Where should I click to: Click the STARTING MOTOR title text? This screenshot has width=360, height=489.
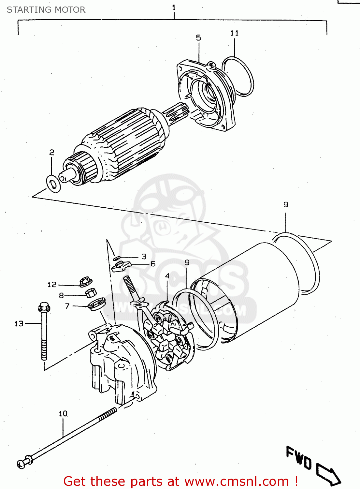click(x=46, y=10)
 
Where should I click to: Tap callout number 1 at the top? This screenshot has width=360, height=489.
click(x=174, y=7)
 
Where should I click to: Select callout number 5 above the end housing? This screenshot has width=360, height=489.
click(x=198, y=38)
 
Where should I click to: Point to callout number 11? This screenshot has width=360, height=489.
click(x=234, y=33)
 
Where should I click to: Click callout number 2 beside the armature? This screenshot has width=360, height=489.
click(x=52, y=153)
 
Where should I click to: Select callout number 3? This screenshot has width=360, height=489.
click(x=144, y=257)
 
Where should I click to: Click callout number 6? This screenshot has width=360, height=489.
click(x=153, y=264)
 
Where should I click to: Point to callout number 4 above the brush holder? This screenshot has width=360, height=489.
click(x=167, y=276)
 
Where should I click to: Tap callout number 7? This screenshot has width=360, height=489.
click(x=67, y=306)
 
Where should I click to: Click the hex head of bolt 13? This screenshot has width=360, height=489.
click(x=44, y=307)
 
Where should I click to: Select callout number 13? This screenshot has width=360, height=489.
click(x=19, y=324)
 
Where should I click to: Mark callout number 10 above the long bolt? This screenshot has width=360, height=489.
click(x=63, y=414)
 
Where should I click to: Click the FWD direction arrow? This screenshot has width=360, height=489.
click(x=327, y=472)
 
